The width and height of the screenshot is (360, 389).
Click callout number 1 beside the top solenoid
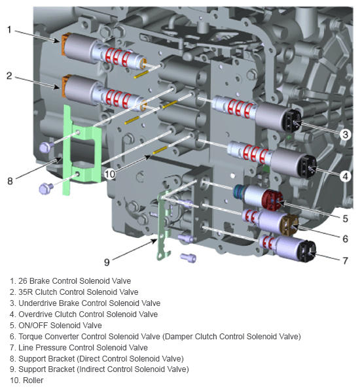pyautogui.click(x=9, y=30)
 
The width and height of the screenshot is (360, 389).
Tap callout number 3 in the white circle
pyautogui.click(x=346, y=135)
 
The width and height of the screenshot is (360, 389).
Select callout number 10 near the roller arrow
pyautogui.click(x=109, y=174)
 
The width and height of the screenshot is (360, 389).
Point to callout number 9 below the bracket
pyautogui.click(x=107, y=262)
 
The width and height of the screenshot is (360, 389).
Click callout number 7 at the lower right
pyautogui.click(x=345, y=261)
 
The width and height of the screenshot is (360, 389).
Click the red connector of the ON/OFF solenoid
pyautogui.click(x=273, y=200)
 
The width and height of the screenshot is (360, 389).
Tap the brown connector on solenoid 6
pyautogui.click(x=290, y=226)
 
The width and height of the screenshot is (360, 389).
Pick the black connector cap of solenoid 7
pyautogui.click(x=308, y=251)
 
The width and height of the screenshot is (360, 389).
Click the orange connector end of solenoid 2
pyautogui.click(x=65, y=86)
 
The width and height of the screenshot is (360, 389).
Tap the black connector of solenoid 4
pyautogui.click(x=308, y=166)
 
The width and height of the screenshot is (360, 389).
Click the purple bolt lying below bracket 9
pyautogui.click(x=189, y=258)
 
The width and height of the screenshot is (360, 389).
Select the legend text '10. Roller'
pyautogui.click(x=27, y=381)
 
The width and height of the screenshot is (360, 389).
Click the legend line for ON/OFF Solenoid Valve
pyautogui.click(x=56, y=325)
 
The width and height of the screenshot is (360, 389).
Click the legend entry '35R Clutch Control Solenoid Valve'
pyautogui.click(x=74, y=292)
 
